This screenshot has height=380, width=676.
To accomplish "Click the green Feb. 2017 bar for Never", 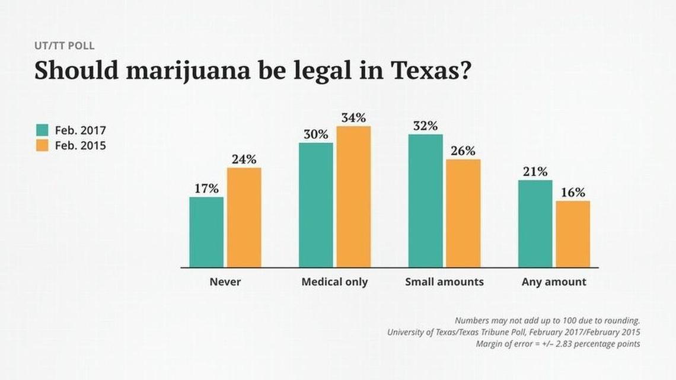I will (x=206, y=232).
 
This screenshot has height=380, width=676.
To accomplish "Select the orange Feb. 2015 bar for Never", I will (x=244, y=217).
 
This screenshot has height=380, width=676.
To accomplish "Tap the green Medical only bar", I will (x=316, y=205).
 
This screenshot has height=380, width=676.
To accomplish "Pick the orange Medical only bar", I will (x=353, y=196).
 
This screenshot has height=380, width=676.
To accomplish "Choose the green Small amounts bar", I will (x=426, y=200).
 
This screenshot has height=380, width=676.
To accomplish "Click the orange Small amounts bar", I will (x=463, y=213).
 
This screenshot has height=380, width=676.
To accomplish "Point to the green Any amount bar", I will (x=535, y=223).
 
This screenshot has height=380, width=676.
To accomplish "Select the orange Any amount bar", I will (x=573, y=234).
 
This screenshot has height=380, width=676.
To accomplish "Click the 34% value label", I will (x=353, y=117).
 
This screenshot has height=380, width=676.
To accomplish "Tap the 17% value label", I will (x=206, y=189).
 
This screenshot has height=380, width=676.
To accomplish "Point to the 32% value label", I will (x=426, y=126).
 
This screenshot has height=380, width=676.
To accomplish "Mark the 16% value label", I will (x=573, y=193).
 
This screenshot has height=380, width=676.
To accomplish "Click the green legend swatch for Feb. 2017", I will (x=42, y=130).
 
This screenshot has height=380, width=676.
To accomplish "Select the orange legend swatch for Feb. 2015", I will (x=42, y=145).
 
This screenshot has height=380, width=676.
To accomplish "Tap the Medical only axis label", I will (x=334, y=282).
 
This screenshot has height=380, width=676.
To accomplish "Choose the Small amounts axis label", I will (x=444, y=282).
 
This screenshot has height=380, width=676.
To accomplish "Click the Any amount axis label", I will (x=554, y=282).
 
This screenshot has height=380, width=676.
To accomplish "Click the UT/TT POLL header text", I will (x=64, y=46).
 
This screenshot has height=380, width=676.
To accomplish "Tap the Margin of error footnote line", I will (x=558, y=344).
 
